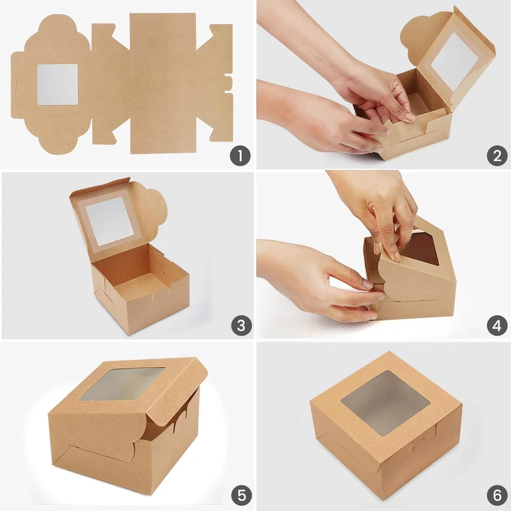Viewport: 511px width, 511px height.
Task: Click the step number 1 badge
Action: click(240, 156)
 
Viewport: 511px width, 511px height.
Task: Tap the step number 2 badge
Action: click(497, 156)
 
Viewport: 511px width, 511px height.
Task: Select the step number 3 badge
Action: click(240, 326)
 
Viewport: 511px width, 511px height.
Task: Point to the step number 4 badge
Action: click(497, 326)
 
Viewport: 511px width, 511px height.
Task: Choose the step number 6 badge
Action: click(497, 496)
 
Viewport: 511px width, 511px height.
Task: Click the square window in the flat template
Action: click(57, 85)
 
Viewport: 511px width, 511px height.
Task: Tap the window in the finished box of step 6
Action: click(385, 401)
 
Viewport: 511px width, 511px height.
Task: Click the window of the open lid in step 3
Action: click(110, 220)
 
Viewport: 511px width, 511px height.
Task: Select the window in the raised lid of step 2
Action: click(455, 61)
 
